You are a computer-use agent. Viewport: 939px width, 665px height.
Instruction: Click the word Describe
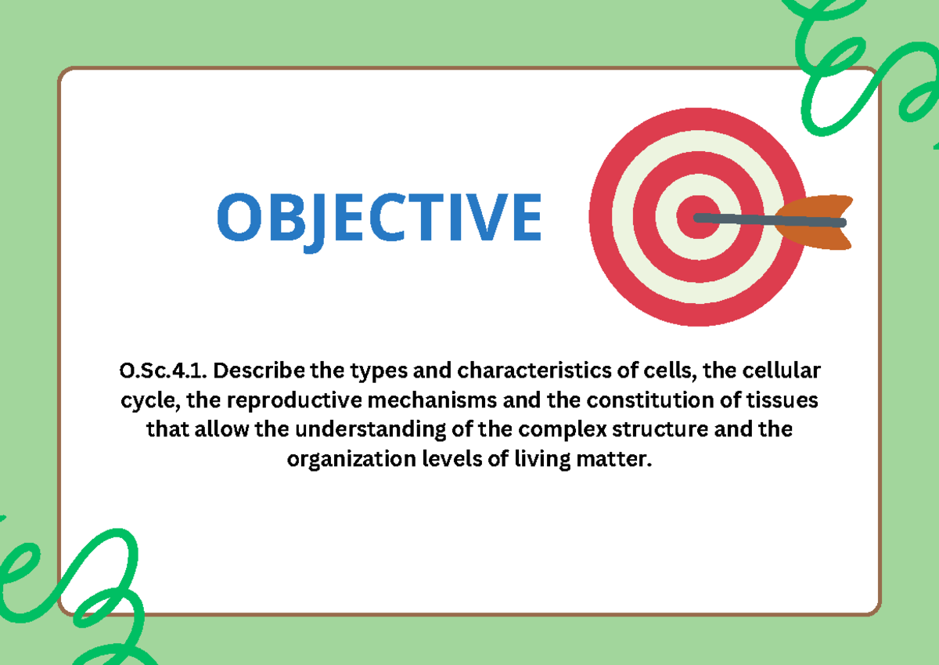[x=255, y=370]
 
